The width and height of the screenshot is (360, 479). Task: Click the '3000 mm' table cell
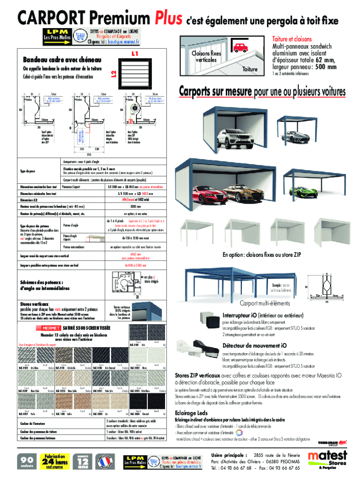point(136,207)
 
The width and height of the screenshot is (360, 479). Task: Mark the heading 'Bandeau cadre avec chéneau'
point(59,60)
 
